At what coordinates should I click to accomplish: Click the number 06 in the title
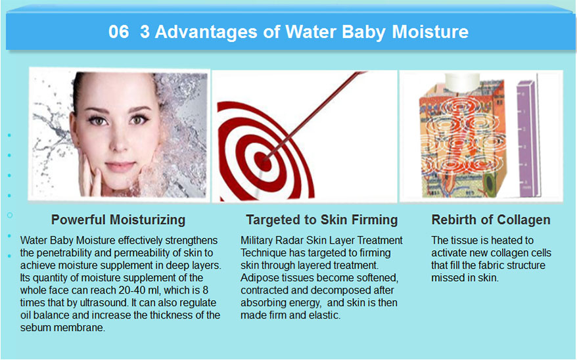(118, 32)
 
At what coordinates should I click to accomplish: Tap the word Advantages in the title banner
(206, 32)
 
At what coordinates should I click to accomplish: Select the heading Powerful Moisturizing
(118, 220)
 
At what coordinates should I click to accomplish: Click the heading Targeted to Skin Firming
(321, 220)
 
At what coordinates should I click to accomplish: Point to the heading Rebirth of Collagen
(491, 220)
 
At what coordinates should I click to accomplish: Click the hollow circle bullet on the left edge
(10, 215)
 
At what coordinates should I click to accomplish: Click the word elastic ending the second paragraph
(324, 315)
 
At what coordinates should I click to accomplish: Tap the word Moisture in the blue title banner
(430, 32)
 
